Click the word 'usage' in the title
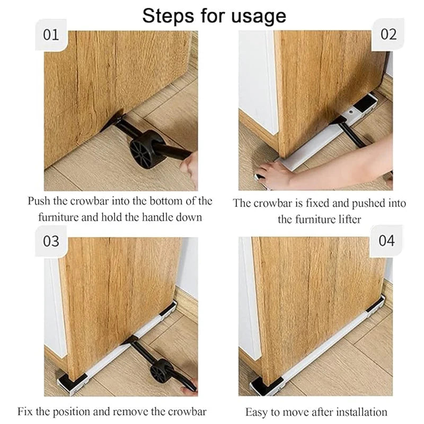tap(258, 16)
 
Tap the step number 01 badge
tap(51, 36)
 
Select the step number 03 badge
tap(51, 241)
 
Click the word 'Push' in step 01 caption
tap(40, 202)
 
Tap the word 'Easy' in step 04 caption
tap(256, 412)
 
